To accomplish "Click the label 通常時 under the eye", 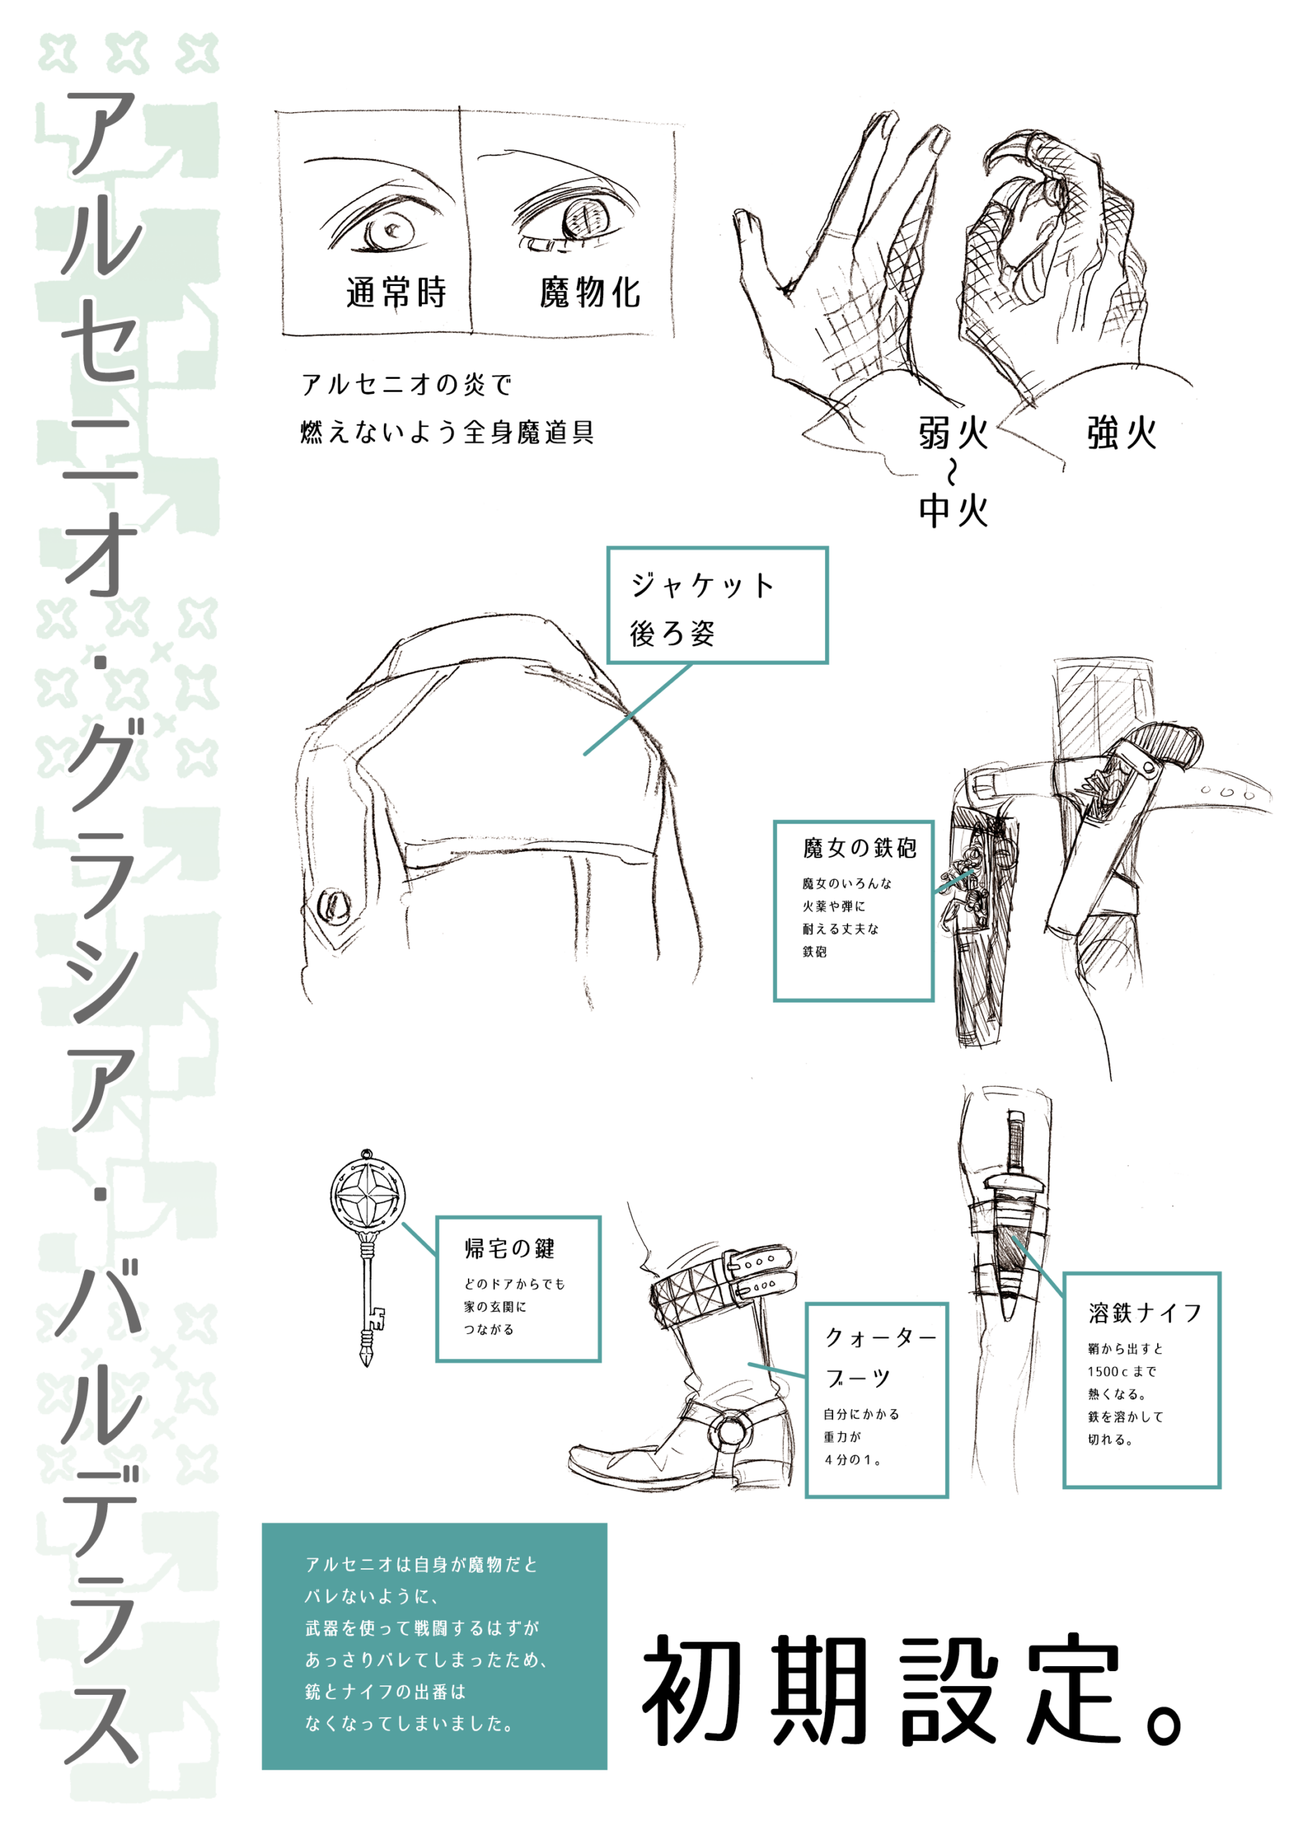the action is tap(396, 293).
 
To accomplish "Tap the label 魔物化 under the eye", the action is tap(590, 293).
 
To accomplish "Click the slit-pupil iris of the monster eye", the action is tap(586, 218).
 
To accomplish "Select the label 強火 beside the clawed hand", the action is tap(1122, 433).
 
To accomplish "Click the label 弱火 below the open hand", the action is tap(954, 433).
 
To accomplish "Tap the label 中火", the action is tap(954, 510).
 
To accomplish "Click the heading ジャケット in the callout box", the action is tap(702, 585).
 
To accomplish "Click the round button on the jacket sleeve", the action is tap(333, 906).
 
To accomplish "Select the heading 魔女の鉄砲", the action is tap(860, 848).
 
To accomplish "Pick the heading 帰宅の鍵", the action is tap(510, 1248).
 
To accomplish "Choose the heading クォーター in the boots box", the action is tap(880, 1337).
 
